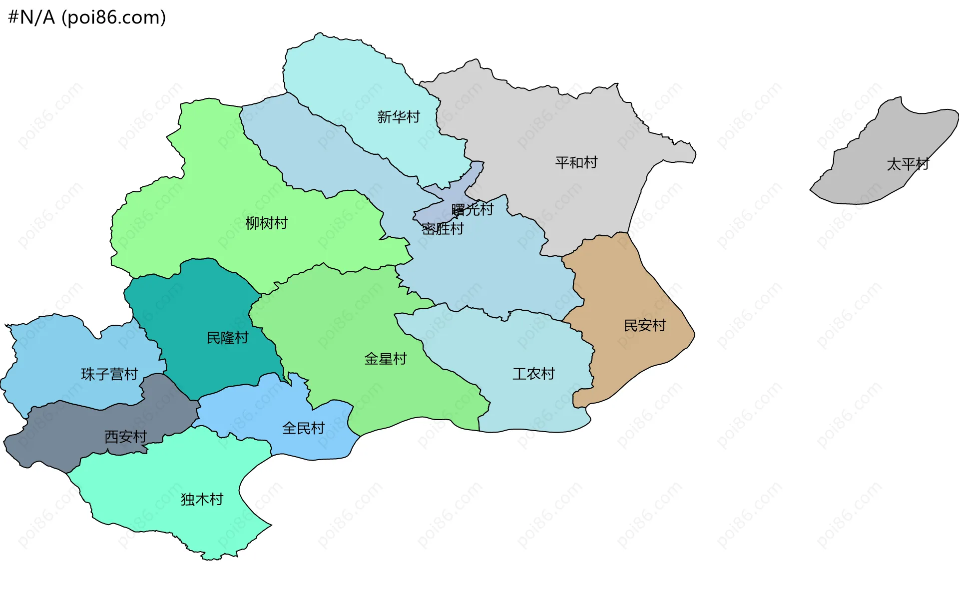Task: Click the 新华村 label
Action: point(398,117)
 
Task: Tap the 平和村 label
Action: point(576,162)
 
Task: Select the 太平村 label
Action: point(907,164)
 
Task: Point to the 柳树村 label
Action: point(266,223)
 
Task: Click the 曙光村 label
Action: point(472,209)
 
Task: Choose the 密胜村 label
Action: point(443,229)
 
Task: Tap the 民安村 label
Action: point(644,325)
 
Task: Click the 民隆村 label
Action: point(227,338)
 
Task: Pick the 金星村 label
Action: point(385,359)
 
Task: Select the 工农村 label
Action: point(533,374)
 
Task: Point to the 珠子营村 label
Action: point(109,374)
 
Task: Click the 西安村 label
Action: point(125,437)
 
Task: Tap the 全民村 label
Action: point(303,428)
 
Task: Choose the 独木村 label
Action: point(202,499)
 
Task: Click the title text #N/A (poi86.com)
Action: point(87,17)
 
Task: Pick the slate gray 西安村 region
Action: point(60,435)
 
